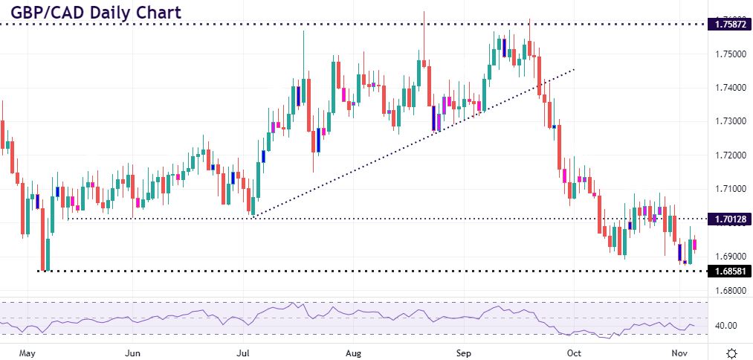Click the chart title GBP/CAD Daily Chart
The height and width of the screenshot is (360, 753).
tap(91, 12)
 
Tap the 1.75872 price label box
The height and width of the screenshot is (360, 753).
tap(731, 25)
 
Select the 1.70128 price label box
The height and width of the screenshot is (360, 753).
tap(731, 219)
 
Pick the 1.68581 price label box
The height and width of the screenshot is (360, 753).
tap(731, 271)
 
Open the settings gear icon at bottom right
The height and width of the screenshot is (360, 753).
tap(731, 351)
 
